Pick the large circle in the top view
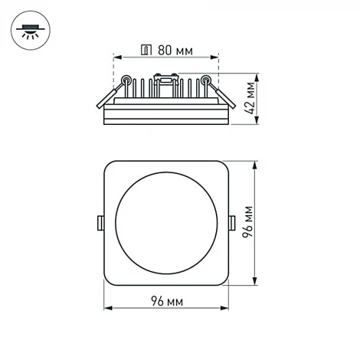coord(166,223)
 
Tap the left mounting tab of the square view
coord(100,223)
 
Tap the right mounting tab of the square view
coord(232,223)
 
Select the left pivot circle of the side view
coord(126,79)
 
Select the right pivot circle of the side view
coord(206,79)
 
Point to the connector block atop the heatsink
coord(164,75)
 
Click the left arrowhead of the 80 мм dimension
coord(116,57)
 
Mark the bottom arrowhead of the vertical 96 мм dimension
coord(255,283)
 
